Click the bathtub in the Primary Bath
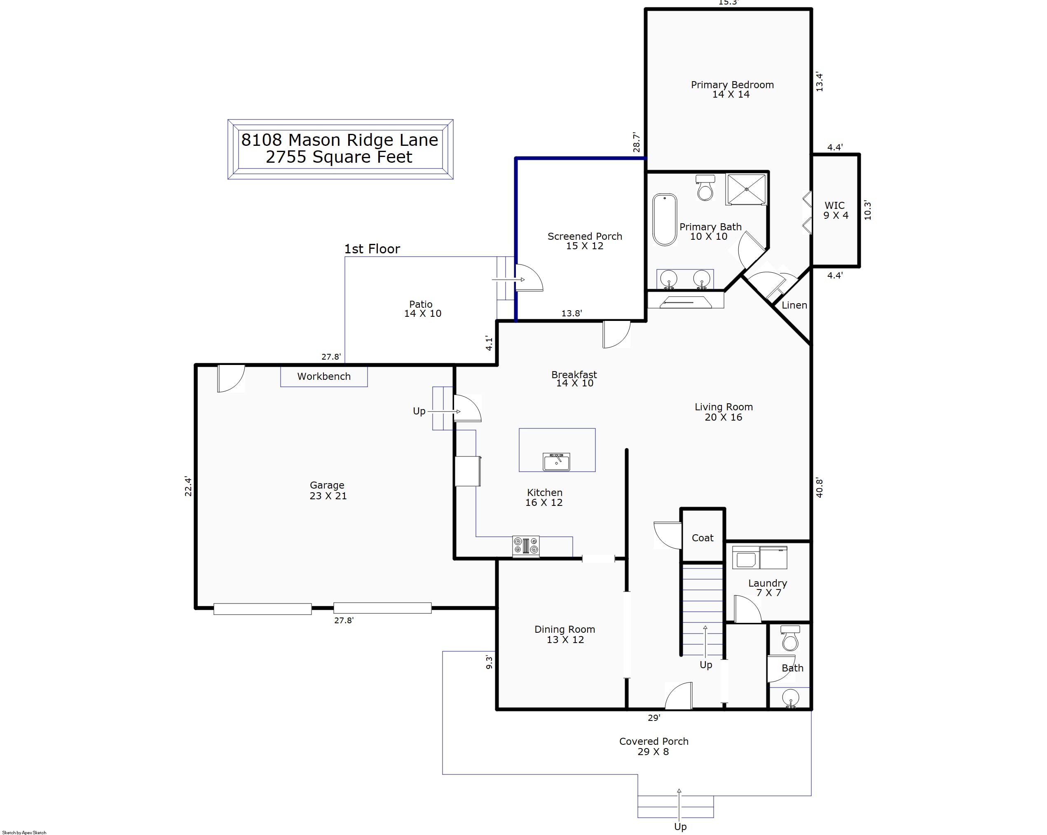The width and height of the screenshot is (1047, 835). (664, 220)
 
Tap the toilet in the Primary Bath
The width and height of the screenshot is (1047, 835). (705, 187)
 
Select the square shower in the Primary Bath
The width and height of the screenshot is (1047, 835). (746, 189)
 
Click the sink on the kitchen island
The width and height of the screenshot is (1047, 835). (556, 462)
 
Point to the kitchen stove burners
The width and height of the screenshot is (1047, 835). (526, 546)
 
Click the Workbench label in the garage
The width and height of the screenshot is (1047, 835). (324, 376)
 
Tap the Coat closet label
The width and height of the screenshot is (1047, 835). (702, 538)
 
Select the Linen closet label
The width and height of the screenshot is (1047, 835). (794, 305)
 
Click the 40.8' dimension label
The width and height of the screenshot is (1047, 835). (819, 487)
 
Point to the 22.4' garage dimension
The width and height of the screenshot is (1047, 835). (188, 486)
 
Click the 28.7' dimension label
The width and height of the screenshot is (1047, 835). (637, 142)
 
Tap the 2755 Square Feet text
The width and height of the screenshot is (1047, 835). (339, 157)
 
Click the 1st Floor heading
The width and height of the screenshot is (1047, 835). (372, 249)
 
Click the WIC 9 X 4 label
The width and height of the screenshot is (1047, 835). (835, 210)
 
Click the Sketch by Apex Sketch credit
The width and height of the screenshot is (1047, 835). (24, 833)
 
